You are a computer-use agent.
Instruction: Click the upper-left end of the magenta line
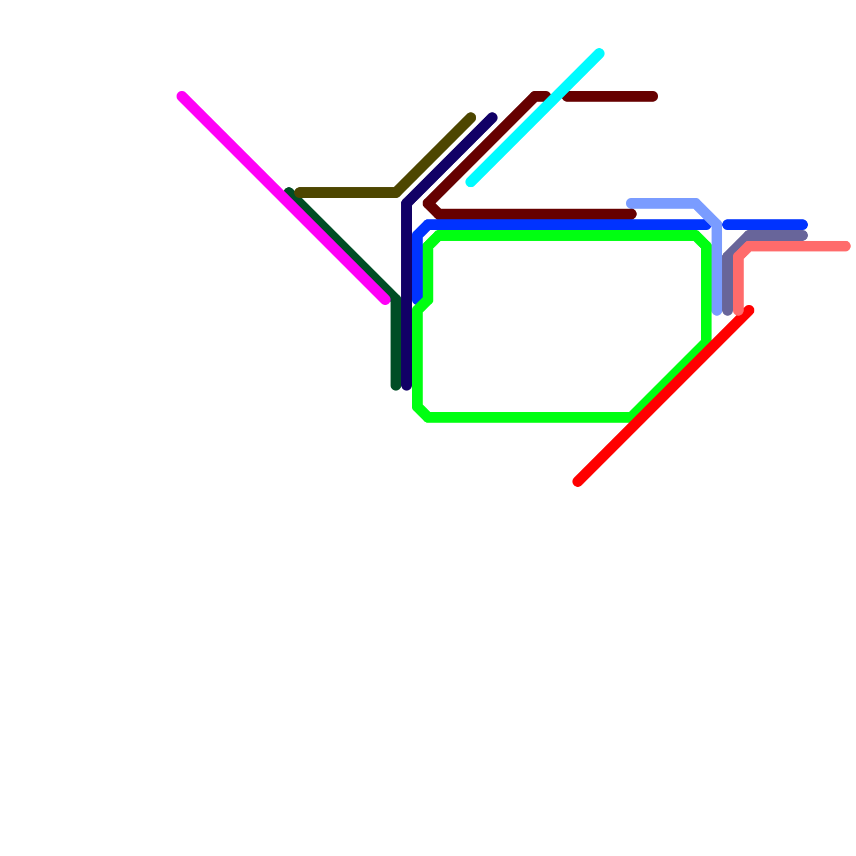point(182,96)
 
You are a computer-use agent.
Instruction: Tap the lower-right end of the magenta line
point(385,300)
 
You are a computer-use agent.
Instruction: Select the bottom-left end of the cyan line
point(471,182)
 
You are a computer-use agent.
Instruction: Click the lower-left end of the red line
point(578,481)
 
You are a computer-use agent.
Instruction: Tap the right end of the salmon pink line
point(846,246)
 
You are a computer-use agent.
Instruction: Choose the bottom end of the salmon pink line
point(738,311)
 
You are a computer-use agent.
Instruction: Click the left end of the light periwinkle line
point(631,203)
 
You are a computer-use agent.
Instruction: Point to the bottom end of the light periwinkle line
point(717,311)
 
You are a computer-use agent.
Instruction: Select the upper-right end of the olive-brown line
point(471,118)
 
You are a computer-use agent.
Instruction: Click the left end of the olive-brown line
point(299,193)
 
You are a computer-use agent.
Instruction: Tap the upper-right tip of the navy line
point(493,118)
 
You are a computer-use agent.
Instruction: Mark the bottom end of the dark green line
point(396,386)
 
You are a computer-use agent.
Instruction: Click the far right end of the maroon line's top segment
point(653,96)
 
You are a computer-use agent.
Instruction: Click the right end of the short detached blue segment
point(803,225)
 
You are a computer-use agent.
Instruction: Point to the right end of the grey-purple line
point(803,235)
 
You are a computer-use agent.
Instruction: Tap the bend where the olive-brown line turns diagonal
point(397,193)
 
